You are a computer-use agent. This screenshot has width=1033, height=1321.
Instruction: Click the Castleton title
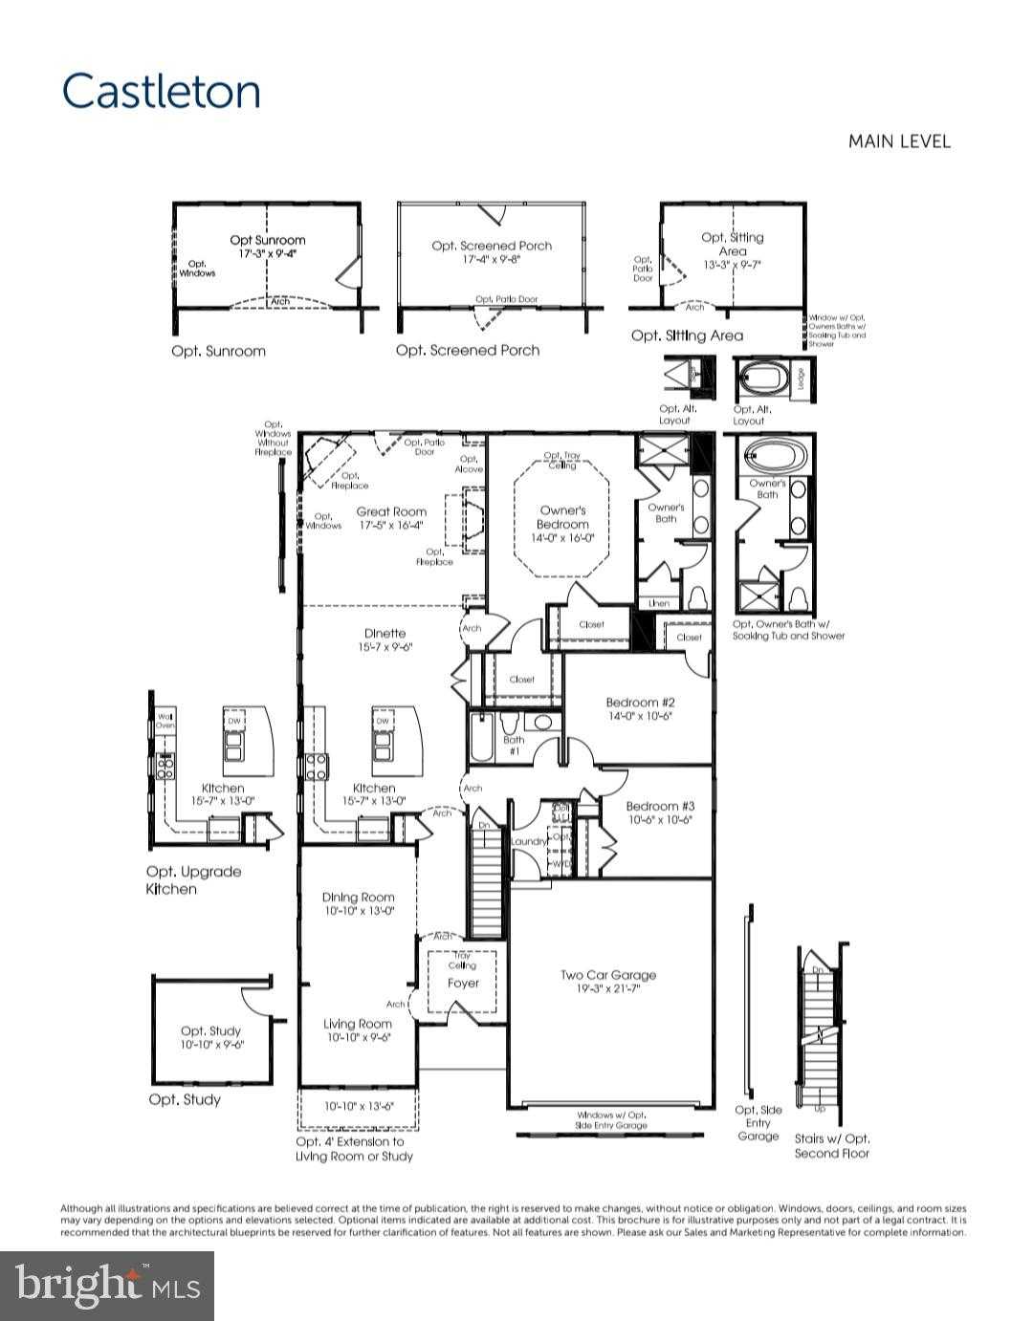point(161,92)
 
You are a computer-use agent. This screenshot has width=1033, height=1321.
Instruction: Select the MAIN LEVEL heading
point(899,141)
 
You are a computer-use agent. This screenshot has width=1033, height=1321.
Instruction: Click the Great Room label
point(391,511)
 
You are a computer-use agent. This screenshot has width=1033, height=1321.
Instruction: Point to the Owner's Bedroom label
point(562,517)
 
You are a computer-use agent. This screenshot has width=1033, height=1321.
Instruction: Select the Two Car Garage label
point(608,975)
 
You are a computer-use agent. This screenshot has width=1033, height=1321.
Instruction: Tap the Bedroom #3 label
point(660,807)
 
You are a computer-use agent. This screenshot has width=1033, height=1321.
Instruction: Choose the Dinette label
point(385,633)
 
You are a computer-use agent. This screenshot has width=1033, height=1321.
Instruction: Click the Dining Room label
point(358,898)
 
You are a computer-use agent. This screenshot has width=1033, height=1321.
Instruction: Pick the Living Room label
point(357,1025)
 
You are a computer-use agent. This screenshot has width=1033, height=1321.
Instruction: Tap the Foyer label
point(463,983)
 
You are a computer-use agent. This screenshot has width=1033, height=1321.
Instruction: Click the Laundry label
point(528,842)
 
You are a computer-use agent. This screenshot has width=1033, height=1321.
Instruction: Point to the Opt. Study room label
point(211,1031)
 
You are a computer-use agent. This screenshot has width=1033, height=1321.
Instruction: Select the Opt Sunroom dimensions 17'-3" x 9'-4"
point(268,254)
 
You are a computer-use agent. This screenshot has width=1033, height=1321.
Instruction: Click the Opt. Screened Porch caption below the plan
point(468,351)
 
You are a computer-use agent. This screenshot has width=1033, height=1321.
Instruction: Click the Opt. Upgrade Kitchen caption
point(193,880)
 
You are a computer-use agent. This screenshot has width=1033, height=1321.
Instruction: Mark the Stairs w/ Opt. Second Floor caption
point(832,1146)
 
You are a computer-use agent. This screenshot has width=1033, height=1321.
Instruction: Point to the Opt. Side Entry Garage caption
point(758,1123)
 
